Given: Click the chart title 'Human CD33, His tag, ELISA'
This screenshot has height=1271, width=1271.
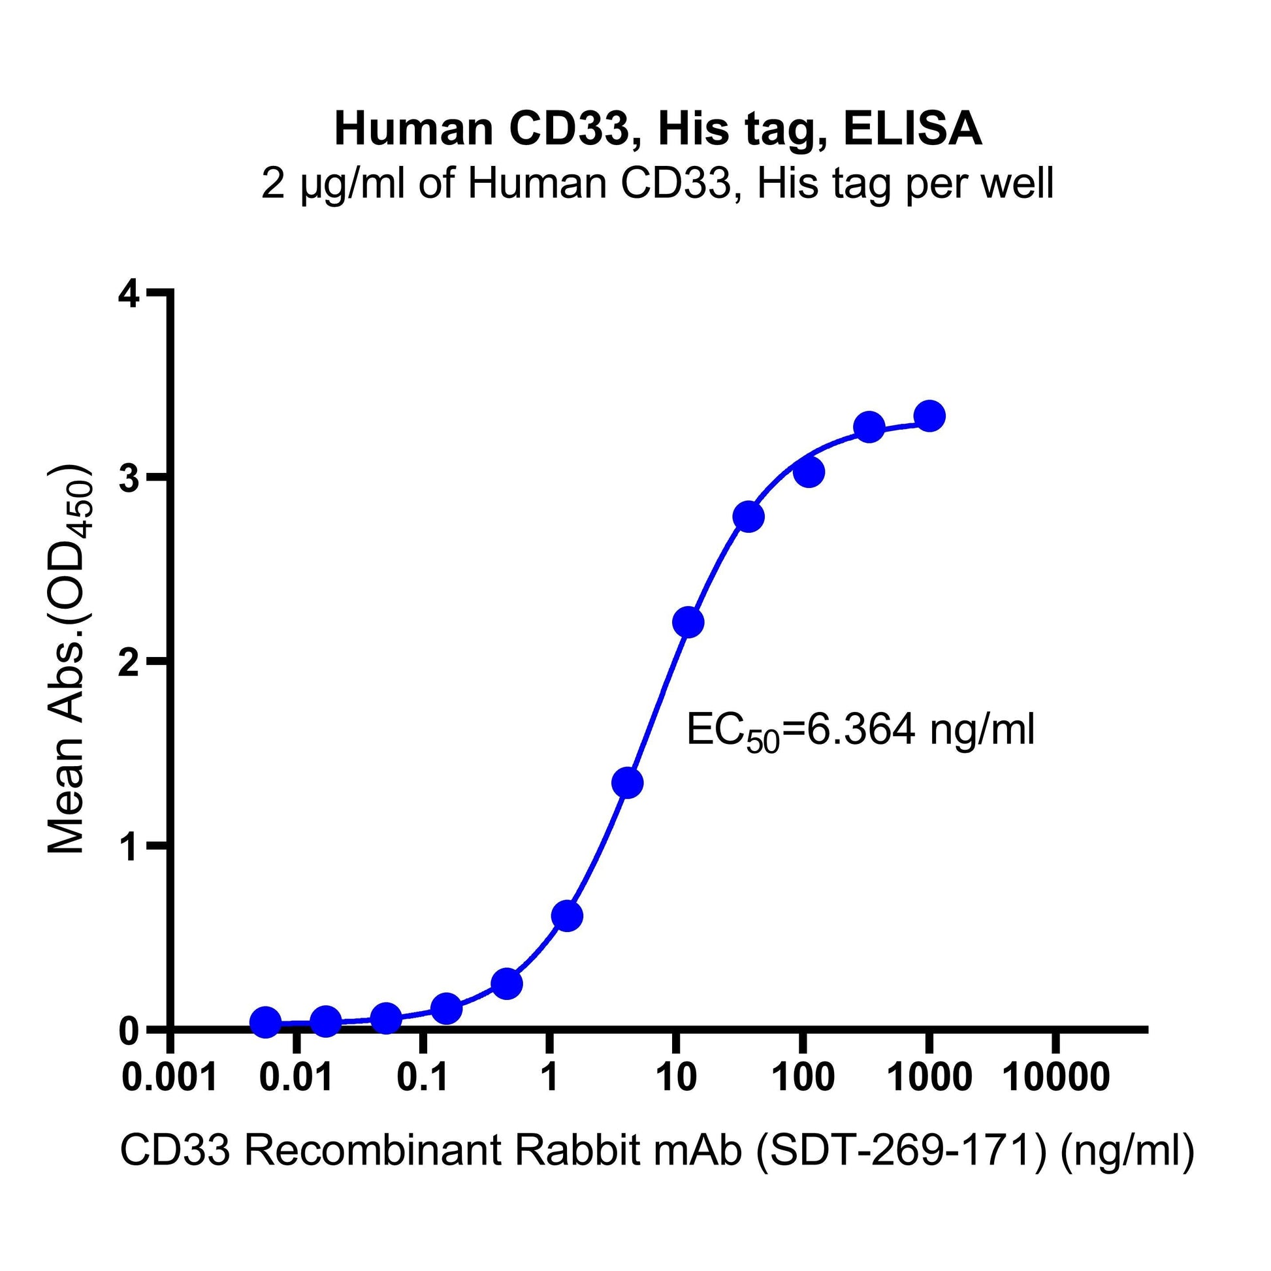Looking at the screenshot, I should click(658, 129).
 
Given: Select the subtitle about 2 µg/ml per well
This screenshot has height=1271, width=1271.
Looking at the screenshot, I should click(658, 184).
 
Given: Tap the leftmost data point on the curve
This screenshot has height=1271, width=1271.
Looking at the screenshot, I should click(266, 1022).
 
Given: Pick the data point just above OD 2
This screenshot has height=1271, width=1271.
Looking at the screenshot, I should click(688, 622).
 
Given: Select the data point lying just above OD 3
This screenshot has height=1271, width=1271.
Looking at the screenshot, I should click(809, 472).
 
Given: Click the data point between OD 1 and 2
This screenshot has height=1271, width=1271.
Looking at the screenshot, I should click(627, 784).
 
